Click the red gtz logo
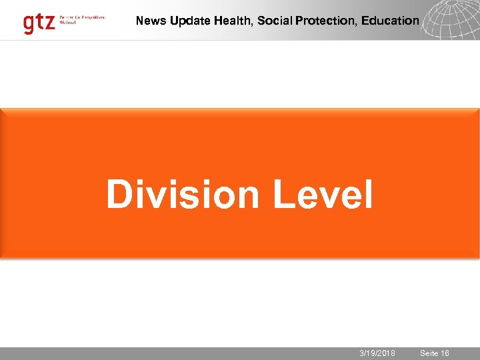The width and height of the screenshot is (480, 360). (x=38, y=23)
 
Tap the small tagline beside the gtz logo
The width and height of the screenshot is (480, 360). (x=82, y=19)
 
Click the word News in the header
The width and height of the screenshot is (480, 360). (x=151, y=21)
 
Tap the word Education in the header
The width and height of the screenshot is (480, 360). (x=390, y=21)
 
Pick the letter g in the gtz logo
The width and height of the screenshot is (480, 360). (x=29, y=25)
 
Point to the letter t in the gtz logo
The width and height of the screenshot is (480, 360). (x=39, y=23)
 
